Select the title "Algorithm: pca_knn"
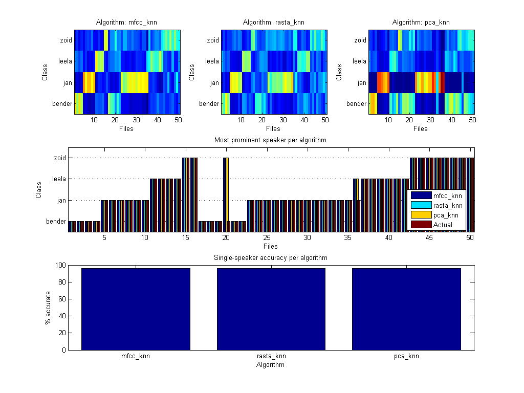(421, 23)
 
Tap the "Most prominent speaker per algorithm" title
(271, 140)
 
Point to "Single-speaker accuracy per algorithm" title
(271, 257)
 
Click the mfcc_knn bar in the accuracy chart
(136, 309)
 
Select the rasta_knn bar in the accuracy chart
(271, 309)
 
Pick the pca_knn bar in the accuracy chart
(406, 309)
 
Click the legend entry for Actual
(443, 225)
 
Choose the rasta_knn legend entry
(448, 205)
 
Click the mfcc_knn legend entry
(447, 195)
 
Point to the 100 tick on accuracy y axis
(59, 265)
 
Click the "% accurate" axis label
(48, 308)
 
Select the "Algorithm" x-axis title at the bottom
(271, 365)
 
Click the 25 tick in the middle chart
(267, 238)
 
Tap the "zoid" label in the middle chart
(60, 158)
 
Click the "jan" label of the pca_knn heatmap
(361, 82)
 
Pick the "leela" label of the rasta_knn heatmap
(212, 61)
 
